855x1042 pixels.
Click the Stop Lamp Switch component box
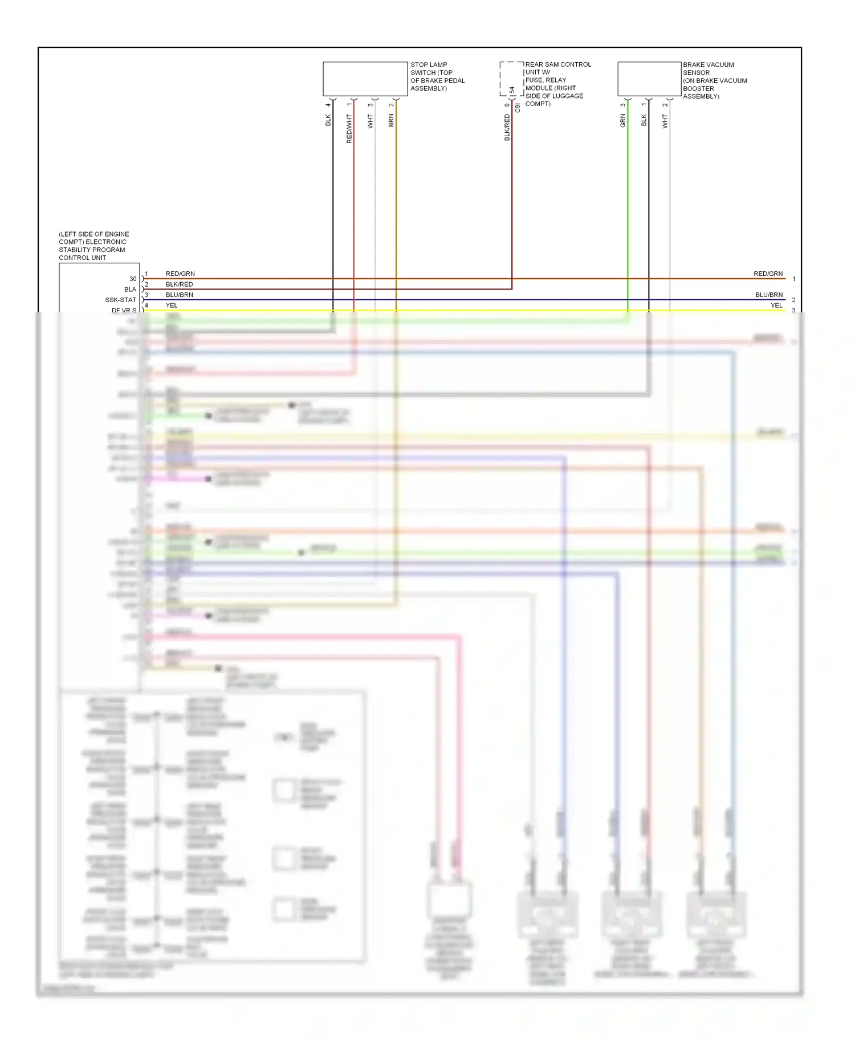tap(365, 79)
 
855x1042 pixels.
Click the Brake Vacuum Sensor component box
tap(649, 79)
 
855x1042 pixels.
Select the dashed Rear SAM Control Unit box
tap(511, 79)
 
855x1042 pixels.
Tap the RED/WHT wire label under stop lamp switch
tap(349, 128)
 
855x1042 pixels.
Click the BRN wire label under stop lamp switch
tap(391, 120)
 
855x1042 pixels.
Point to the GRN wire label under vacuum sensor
tap(622, 120)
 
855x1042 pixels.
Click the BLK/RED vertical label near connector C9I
tap(507, 127)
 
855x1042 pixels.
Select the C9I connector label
tap(518, 108)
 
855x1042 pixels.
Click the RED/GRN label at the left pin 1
tap(180, 274)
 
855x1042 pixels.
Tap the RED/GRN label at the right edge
tap(768, 274)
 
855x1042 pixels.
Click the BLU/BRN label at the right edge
tap(769, 295)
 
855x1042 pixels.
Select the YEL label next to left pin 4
tap(172, 306)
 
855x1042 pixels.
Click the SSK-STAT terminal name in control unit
tap(120, 300)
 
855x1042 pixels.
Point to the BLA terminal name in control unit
tap(130, 290)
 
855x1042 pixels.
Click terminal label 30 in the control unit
tap(133, 279)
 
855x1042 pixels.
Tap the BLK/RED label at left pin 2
tap(179, 284)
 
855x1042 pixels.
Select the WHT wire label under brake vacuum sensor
tap(665, 121)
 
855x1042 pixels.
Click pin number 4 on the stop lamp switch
tap(328, 105)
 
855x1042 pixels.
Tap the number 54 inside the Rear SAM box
tap(512, 90)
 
